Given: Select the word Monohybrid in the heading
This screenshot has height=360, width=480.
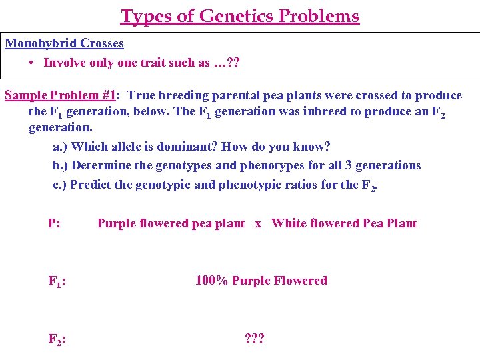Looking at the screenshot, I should coord(41,43).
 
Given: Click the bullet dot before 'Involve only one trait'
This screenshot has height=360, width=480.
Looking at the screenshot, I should coord(32,63).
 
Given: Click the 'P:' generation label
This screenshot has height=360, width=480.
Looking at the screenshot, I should coord(55,223).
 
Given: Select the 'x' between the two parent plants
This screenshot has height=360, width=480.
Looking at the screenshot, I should coord(258,223).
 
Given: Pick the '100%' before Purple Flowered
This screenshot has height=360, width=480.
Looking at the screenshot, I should coord(211,281).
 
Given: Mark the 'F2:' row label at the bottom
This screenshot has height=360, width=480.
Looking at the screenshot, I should coord(57,339).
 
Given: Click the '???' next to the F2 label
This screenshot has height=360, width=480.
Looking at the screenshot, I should coord(255,339).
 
